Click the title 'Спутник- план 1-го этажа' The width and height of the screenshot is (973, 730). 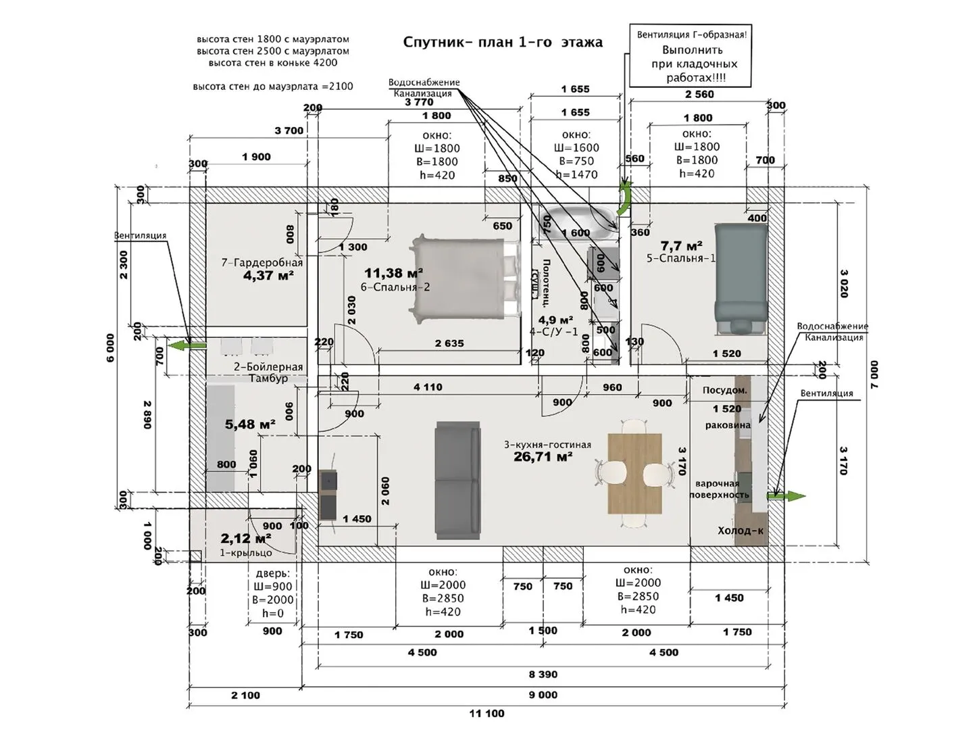[503, 42]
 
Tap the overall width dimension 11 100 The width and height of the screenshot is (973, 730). [487, 713]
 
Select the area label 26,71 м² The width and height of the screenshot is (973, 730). [543, 457]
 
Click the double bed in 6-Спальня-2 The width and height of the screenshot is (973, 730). [466, 277]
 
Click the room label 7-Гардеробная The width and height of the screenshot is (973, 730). [262, 262]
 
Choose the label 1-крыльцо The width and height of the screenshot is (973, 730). [246, 553]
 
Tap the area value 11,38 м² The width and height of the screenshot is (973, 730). [393, 273]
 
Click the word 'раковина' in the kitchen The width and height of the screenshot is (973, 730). [728, 425]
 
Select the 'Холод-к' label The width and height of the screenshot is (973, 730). [740, 531]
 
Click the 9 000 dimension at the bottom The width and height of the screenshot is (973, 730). [543, 695]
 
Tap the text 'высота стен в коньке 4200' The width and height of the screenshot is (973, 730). [273, 63]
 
